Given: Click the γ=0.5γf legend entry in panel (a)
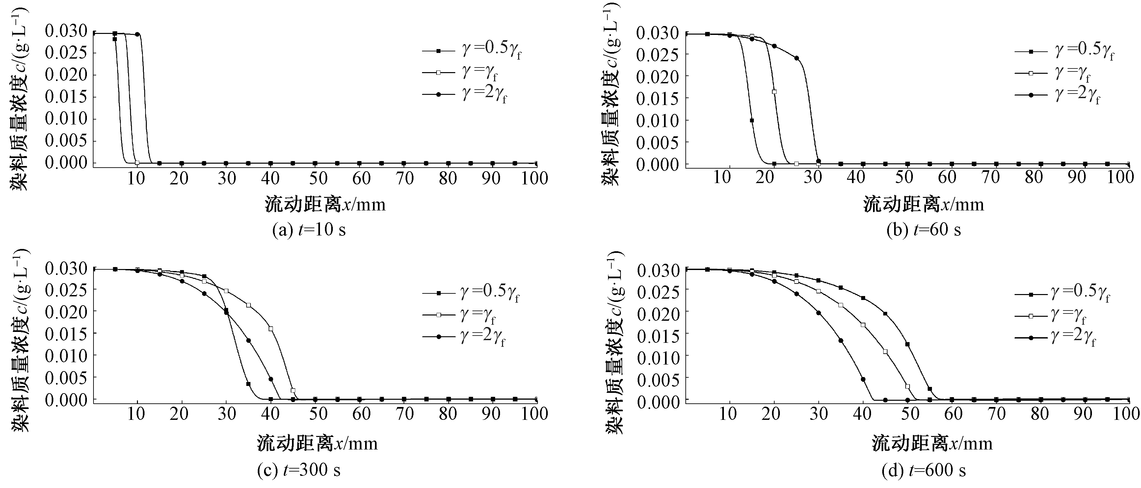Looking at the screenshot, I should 472,50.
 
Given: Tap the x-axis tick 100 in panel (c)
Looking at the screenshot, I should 535,414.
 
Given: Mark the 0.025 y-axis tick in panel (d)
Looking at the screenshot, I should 658,292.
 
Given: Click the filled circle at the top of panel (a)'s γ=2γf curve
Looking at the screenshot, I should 137,34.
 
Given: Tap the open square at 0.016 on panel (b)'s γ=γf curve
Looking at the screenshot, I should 774,92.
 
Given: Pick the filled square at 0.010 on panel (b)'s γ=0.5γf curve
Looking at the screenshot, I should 752,120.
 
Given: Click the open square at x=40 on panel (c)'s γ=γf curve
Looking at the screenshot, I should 271,329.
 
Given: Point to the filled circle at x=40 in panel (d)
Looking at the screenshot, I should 863,379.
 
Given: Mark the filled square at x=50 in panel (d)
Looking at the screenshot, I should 907,344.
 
